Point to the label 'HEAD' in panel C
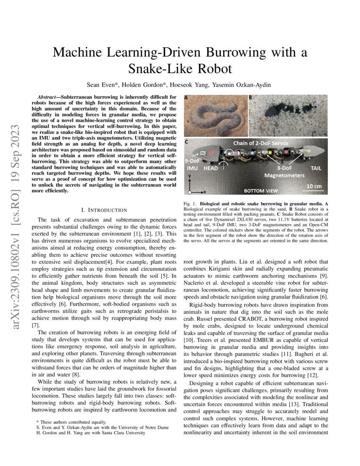pos(211,168)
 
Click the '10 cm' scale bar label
pos(314,186)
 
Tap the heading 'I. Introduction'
pos(103,210)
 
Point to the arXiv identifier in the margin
pos(17,212)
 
